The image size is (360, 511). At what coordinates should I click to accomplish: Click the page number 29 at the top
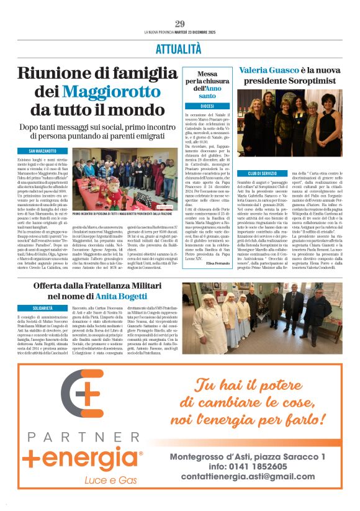180,24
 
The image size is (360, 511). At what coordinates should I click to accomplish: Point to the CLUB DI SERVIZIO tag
262,173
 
